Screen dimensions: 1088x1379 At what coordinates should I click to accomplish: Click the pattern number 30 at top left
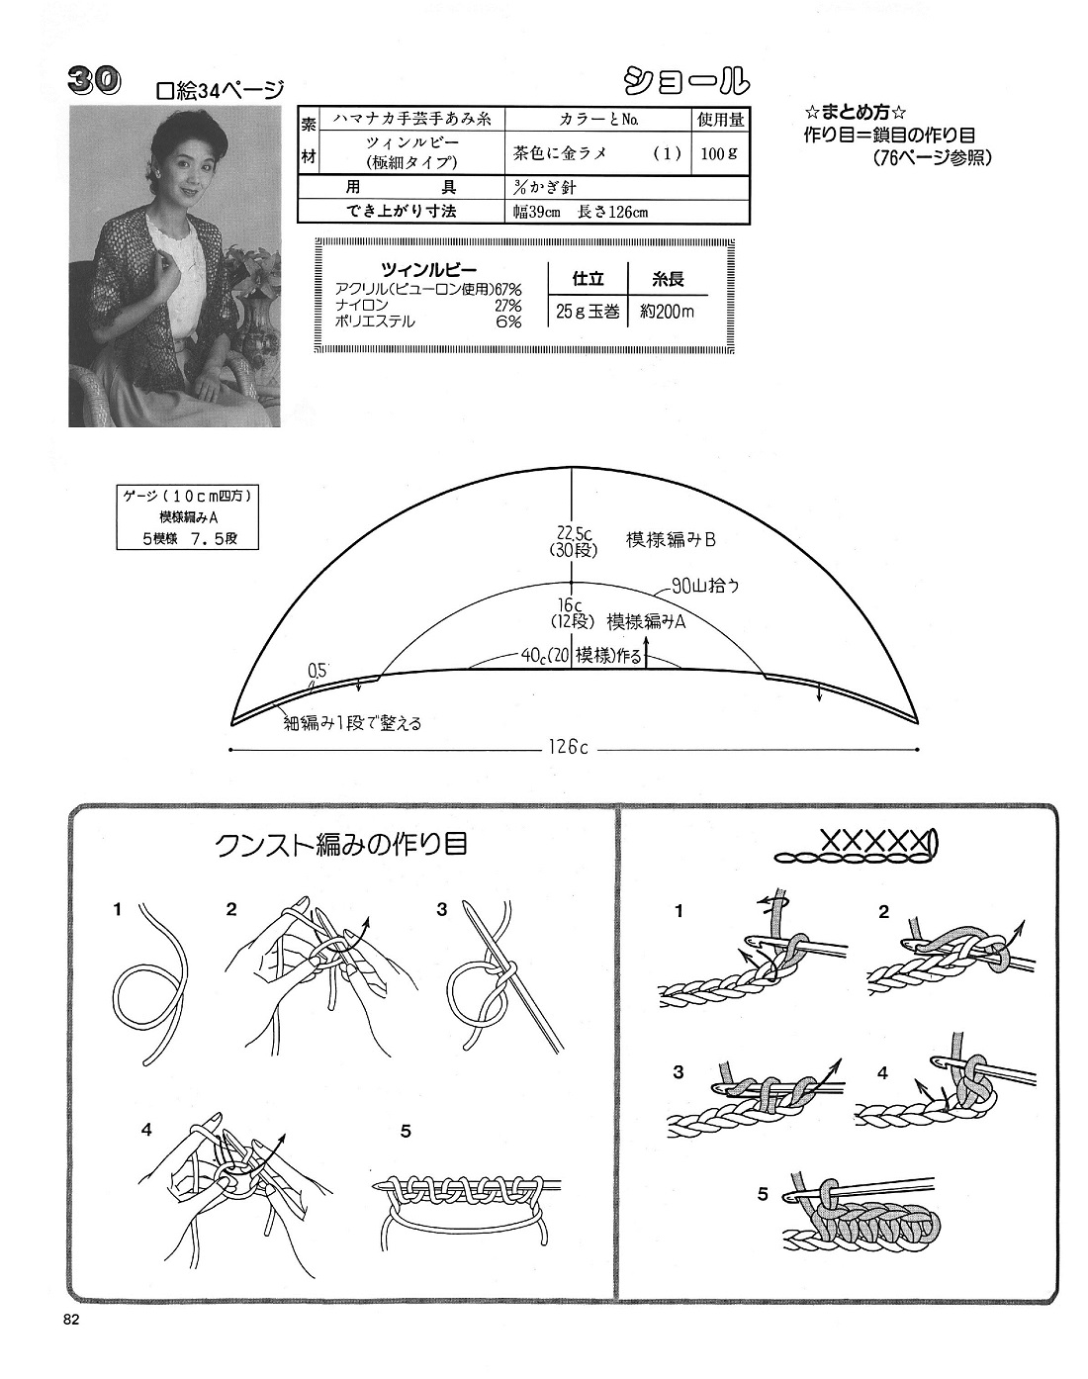94,82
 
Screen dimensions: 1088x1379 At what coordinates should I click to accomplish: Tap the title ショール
686,81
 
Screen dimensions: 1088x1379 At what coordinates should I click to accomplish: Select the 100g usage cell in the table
720,153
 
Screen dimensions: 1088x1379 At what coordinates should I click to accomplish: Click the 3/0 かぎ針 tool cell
545,187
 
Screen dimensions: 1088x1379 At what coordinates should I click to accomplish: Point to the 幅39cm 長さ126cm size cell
581,212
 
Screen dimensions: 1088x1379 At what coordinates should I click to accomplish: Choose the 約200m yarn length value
667,312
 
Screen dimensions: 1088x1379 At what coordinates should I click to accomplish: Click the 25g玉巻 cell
588,312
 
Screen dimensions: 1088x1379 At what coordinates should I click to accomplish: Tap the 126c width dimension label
568,748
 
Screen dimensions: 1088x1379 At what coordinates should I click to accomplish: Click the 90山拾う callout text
705,587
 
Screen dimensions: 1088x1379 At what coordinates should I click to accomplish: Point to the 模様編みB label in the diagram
671,539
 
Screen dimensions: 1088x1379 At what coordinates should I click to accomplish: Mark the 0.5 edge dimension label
317,671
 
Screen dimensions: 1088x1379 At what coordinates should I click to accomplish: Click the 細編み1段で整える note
352,724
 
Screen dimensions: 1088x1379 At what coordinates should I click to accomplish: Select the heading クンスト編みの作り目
341,845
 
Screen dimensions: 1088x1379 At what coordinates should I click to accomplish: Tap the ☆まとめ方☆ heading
855,113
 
